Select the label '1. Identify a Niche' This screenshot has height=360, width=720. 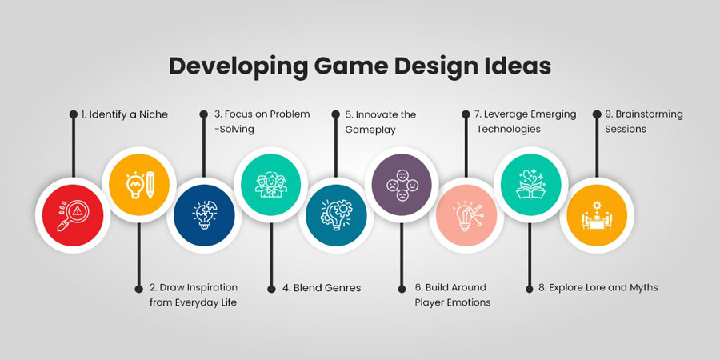125,114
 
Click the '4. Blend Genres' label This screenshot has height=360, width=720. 322,288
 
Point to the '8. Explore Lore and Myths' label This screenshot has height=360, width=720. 598,287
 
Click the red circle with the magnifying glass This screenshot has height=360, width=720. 73,215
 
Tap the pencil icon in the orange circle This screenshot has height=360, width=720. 150,185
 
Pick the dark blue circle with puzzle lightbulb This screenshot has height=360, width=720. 204,215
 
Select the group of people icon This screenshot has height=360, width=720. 271,185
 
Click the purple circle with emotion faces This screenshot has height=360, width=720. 402,185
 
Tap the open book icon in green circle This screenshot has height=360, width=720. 531,184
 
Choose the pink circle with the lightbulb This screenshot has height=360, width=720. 466,215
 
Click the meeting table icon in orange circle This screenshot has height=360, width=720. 597,215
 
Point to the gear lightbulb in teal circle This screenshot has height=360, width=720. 336,215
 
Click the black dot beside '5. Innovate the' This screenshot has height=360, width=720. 336,114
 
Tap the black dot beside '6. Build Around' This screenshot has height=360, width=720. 402,288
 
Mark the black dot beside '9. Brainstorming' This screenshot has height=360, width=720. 597,114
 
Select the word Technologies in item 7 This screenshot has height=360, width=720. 508,129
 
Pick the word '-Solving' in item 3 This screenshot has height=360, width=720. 234,129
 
